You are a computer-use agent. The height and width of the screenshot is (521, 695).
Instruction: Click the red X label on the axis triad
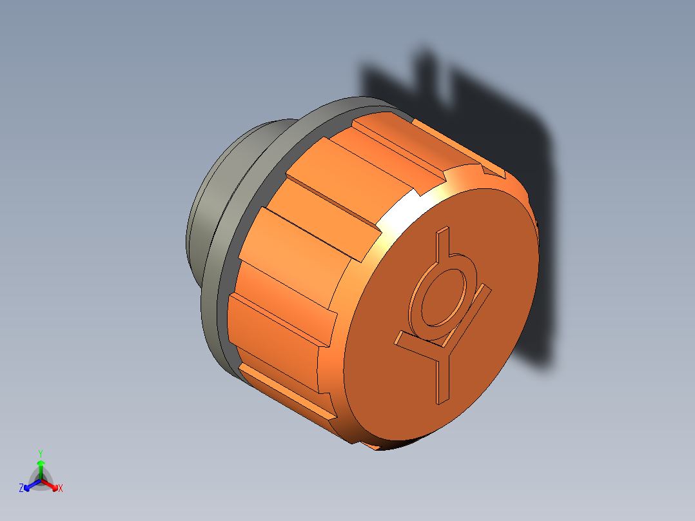[61, 489]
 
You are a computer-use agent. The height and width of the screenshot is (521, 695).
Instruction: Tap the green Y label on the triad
[40, 453]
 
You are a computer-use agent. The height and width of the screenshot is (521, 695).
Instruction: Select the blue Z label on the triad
[21, 489]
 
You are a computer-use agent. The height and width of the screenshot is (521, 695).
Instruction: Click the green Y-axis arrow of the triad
[41, 468]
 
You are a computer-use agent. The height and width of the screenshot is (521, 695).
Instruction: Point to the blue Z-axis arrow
[30, 486]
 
